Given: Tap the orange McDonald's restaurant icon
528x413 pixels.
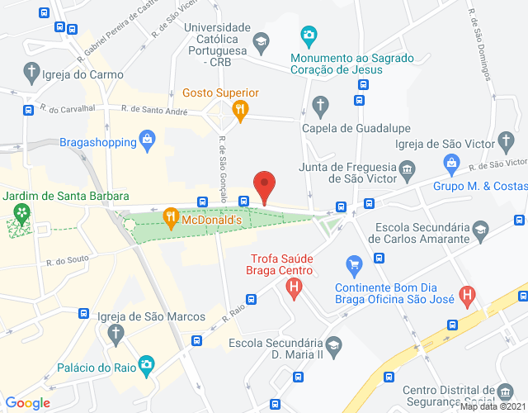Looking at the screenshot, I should tap(171, 219).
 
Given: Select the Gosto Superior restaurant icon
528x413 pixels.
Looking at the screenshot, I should tap(239, 108).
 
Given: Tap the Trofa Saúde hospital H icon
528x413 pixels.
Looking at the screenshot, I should tap(293, 287).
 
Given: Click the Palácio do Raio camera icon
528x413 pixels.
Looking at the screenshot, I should tap(146, 363).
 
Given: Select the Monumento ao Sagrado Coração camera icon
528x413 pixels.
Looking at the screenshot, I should tap(309, 36).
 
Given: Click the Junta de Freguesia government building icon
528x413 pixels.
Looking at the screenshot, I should tap(407, 171).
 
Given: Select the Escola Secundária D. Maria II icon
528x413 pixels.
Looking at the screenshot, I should tap(333, 344).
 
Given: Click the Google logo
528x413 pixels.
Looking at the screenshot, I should tap(28, 403).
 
